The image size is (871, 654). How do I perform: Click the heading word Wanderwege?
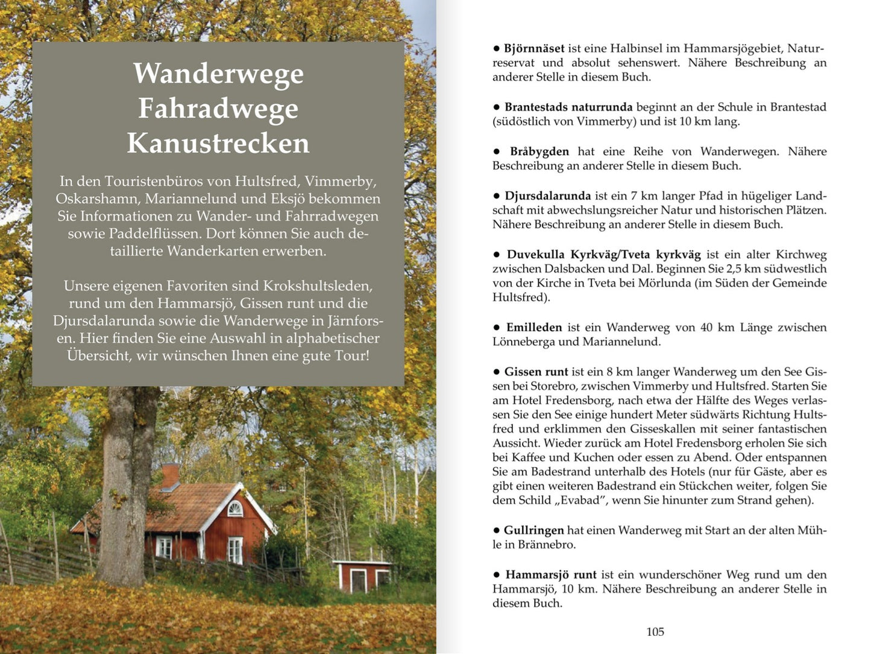(218, 74)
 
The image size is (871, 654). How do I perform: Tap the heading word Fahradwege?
(218, 109)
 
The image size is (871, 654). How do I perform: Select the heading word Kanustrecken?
(218, 144)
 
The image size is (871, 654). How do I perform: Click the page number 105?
(655, 632)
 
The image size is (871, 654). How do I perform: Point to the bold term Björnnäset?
(534, 49)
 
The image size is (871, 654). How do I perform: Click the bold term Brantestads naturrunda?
(568, 107)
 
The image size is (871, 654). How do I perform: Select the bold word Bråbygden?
(539, 151)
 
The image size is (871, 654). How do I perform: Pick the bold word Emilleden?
(533, 328)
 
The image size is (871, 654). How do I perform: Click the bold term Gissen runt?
(536, 372)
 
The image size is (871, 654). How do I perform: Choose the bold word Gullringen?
(533, 530)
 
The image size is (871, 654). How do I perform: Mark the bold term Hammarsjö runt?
(550, 575)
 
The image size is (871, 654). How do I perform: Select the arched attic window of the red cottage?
(234, 509)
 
